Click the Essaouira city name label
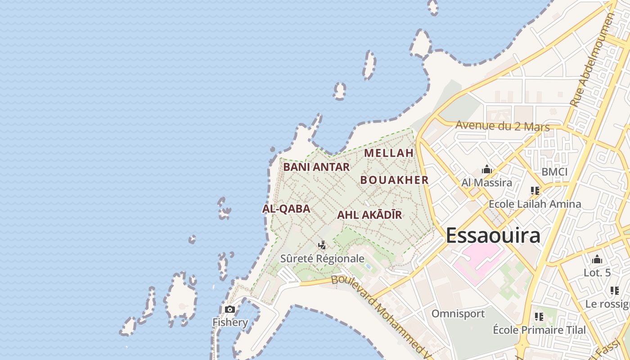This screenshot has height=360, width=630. pyautogui.click(x=493, y=236)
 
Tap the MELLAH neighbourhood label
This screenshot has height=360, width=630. pyautogui.click(x=389, y=153)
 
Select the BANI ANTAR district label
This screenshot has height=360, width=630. pyautogui.click(x=316, y=167)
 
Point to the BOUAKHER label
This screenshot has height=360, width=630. pyautogui.click(x=394, y=180)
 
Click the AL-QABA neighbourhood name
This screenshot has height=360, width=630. pyautogui.click(x=286, y=209)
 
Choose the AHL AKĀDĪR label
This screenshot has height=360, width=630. pyautogui.click(x=369, y=215)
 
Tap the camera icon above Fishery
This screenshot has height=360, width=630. pyautogui.click(x=230, y=309)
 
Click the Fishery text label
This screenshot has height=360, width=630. pyautogui.click(x=230, y=322)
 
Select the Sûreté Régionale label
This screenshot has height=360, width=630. pyautogui.click(x=322, y=259)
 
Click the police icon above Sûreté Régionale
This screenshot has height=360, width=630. pyautogui.click(x=322, y=245)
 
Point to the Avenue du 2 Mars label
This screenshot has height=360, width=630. pyautogui.click(x=503, y=126)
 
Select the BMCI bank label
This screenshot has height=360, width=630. pyautogui.click(x=554, y=172)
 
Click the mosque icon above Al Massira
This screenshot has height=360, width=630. pyautogui.click(x=486, y=170)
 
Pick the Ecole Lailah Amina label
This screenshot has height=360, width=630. pyautogui.click(x=535, y=204)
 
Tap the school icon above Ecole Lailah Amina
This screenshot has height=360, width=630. pyautogui.click(x=535, y=190)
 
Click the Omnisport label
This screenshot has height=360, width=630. pyautogui.click(x=458, y=314)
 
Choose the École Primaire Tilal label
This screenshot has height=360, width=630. pyautogui.click(x=540, y=330)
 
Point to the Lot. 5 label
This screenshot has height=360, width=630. pyautogui.click(x=597, y=273)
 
